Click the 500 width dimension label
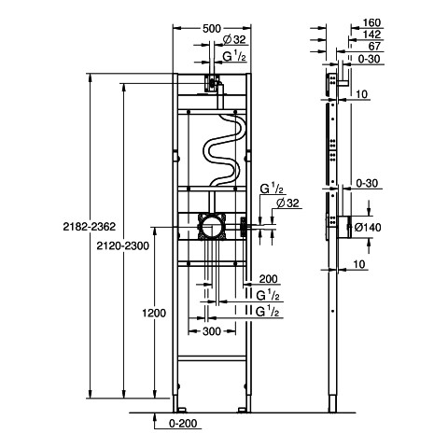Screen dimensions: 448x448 point(212,29)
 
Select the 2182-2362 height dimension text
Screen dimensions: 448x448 point(90,227)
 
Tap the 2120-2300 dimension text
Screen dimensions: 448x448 point(122,246)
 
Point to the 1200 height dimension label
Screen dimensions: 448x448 point(154,313)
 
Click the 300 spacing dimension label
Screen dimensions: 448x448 point(212,331)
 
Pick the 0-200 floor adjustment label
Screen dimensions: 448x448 point(183,424)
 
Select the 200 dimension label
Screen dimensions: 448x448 point(268,279)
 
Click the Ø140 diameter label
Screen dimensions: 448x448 point(368,228)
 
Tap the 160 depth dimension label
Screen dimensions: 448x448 point(371,22)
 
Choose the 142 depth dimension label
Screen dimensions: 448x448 point(371,35)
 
